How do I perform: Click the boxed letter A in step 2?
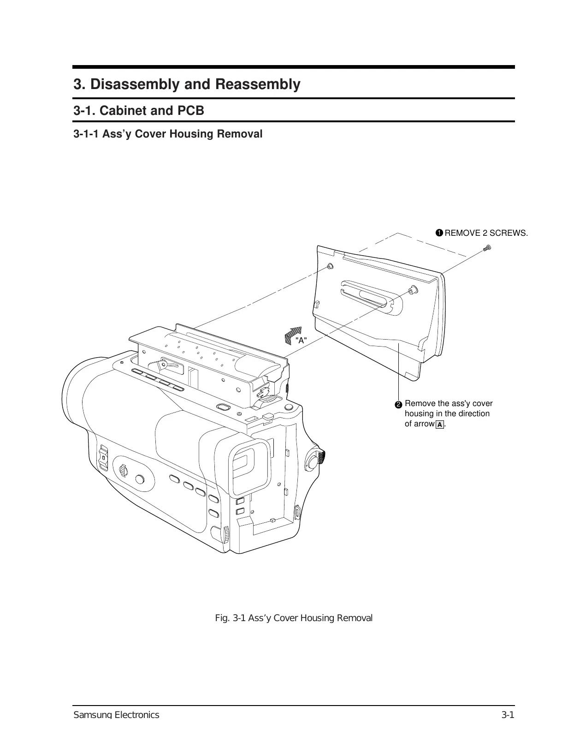pos(440,425)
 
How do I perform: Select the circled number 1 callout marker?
pos(439,233)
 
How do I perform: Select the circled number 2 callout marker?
pos(399,404)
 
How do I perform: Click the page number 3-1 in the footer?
pos(508,715)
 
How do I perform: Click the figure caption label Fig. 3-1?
pos(231,618)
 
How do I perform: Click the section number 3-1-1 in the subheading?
pos(86,134)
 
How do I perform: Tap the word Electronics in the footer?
pos(136,715)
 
